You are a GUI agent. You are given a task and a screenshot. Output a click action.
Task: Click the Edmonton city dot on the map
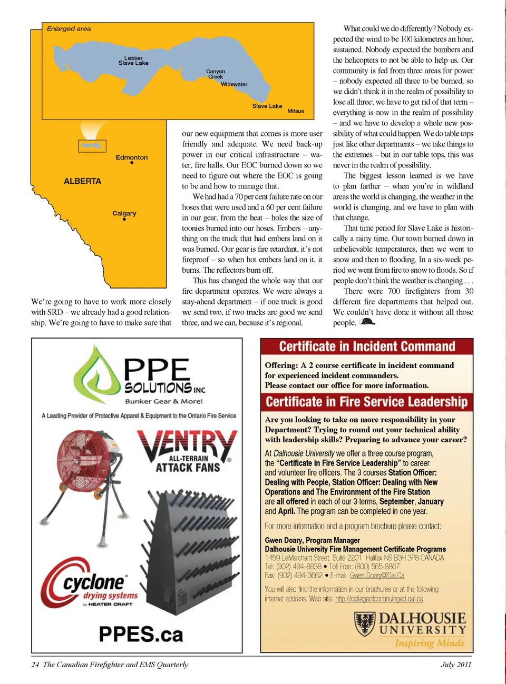(x=132, y=163)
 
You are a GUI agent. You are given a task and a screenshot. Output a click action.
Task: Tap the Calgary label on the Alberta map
(x=124, y=213)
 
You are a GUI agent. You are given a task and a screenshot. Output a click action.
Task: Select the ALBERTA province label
(x=82, y=181)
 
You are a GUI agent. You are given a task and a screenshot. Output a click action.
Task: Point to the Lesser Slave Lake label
(x=133, y=61)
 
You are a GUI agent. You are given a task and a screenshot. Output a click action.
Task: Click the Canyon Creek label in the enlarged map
(x=216, y=74)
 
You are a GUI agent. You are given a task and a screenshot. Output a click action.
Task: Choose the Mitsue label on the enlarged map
(x=296, y=111)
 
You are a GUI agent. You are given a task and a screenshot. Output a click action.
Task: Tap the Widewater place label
(x=234, y=84)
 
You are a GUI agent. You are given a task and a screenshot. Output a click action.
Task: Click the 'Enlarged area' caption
(x=69, y=29)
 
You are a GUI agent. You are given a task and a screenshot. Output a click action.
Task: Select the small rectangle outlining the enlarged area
(x=92, y=146)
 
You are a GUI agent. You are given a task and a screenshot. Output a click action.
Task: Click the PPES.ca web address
(x=141, y=634)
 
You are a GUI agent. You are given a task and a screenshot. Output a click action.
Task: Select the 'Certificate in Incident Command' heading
(x=367, y=346)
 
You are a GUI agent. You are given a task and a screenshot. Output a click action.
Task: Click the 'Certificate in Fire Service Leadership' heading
(x=367, y=402)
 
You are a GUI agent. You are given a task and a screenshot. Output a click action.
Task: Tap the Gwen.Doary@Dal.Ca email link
(x=377, y=576)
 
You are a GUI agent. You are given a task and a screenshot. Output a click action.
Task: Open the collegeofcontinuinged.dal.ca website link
(x=379, y=599)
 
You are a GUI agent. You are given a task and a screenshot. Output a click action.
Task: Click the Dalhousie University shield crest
(x=365, y=623)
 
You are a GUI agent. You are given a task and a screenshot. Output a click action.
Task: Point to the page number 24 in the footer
(x=35, y=665)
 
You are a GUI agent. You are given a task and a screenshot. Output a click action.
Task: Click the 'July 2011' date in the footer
(x=456, y=665)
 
